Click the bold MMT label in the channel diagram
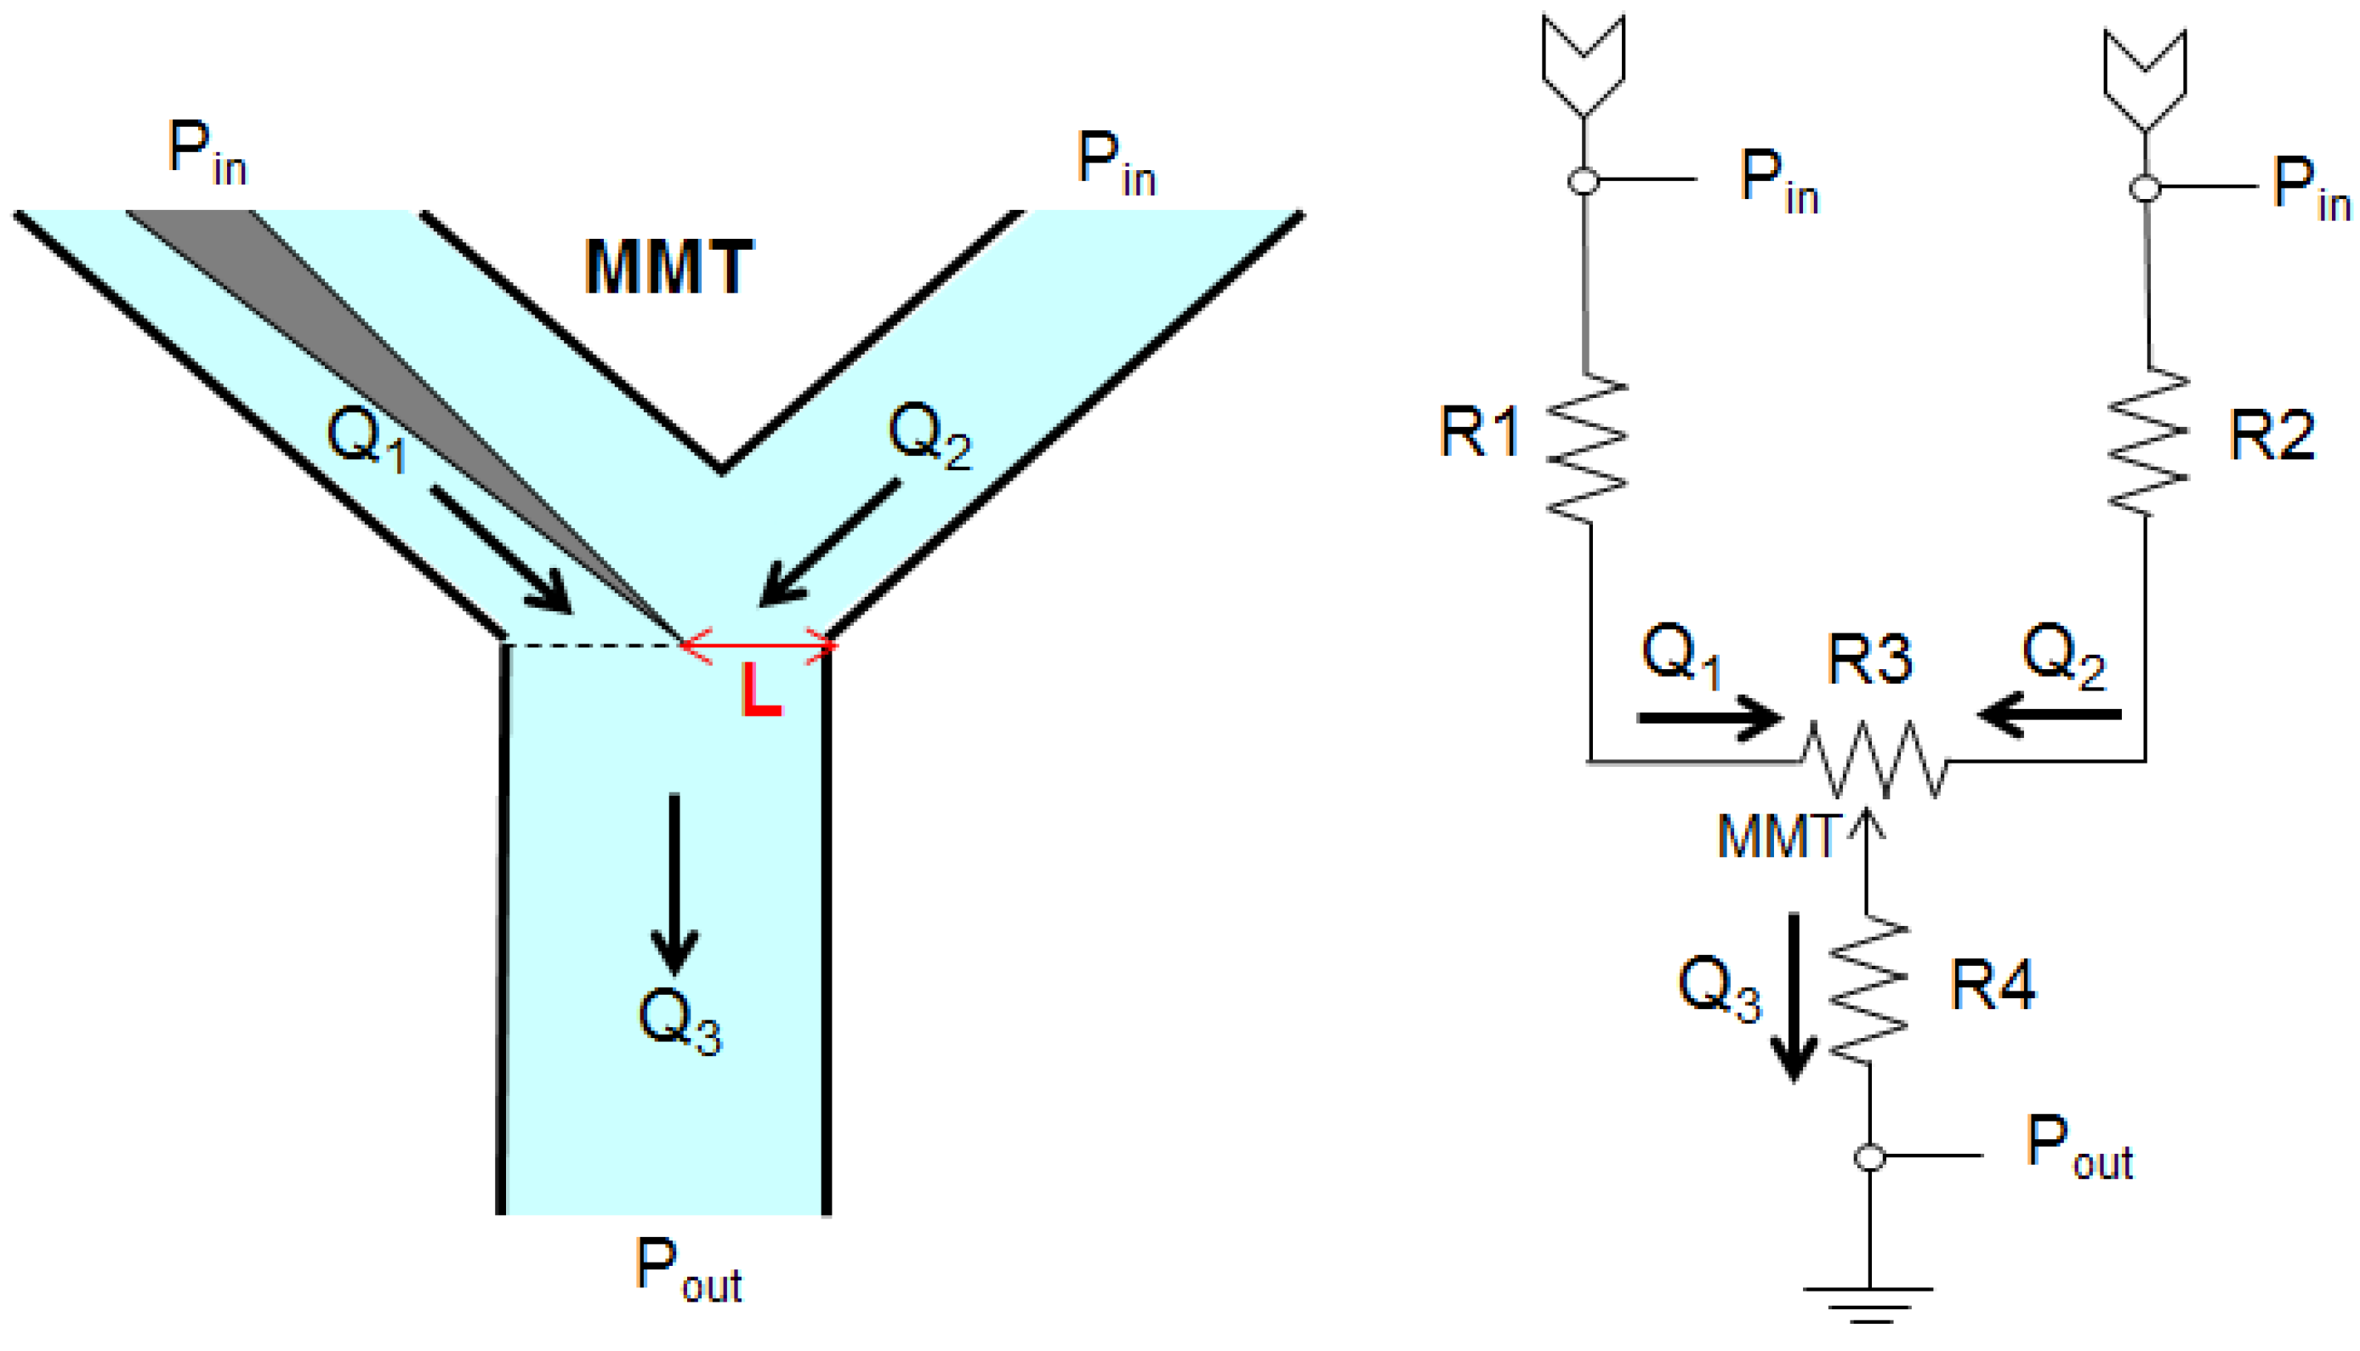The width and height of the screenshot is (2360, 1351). click(x=668, y=267)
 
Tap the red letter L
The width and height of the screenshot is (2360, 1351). click(x=761, y=691)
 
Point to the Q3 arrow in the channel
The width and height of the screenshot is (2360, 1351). click(x=674, y=882)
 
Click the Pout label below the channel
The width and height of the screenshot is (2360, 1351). click(x=688, y=1270)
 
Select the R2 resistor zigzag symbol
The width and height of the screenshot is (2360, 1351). click(x=2148, y=440)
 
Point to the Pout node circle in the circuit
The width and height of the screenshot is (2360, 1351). click(x=1869, y=1157)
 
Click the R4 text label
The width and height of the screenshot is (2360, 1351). click(x=1993, y=985)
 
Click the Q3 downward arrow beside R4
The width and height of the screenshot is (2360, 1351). click(x=1794, y=997)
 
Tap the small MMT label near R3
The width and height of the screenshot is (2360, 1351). click(x=1777, y=837)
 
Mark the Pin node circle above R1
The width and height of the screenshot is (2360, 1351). click(x=1584, y=180)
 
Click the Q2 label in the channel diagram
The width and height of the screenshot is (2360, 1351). click(x=929, y=434)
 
